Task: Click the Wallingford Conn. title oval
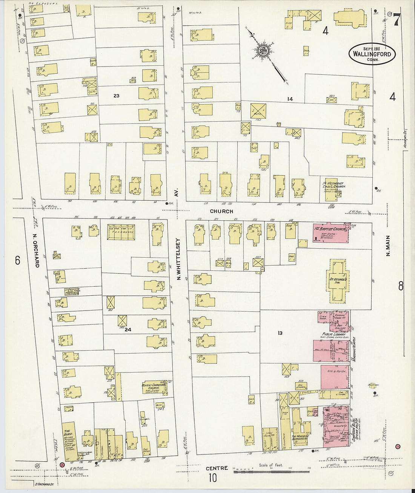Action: click(372, 54)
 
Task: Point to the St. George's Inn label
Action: click(337, 281)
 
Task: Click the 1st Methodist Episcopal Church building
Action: click(332, 187)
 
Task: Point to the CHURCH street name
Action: click(221, 212)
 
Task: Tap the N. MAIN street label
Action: click(388, 246)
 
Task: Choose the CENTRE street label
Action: click(217, 468)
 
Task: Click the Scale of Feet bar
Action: click(271, 471)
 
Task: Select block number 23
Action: click(116, 96)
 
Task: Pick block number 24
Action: click(128, 329)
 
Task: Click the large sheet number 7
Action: click(396, 20)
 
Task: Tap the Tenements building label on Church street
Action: click(121, 232)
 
